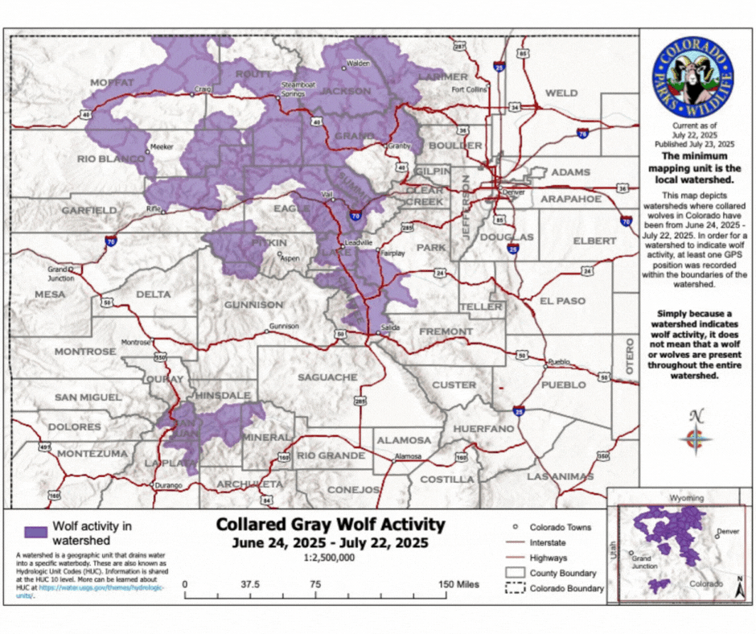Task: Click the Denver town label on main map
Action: click(512, 194)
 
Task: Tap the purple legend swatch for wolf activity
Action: click(35, 533)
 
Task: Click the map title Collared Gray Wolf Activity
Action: click(330, 525)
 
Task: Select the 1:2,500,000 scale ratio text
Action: click(330, 557)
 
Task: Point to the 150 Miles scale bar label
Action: click(456, 585)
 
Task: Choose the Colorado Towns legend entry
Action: click(561, 528)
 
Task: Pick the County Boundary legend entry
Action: click(562, 573)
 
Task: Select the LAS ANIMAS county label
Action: click(560, 476)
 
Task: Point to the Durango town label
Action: click(169, 485)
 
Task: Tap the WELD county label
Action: click(561, 93)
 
